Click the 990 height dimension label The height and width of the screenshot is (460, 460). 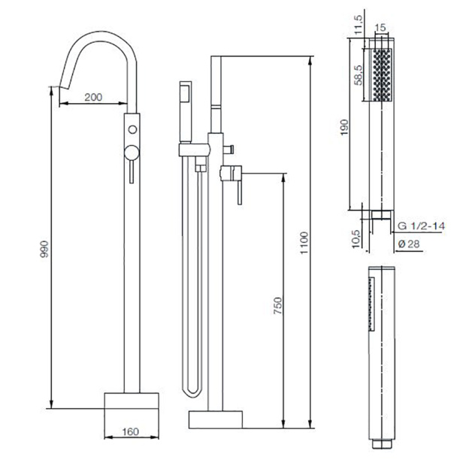44,249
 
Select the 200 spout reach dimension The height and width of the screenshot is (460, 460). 93,97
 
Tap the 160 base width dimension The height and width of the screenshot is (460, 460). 130,431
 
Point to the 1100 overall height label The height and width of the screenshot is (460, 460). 304,243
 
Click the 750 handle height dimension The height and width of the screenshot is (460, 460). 277,305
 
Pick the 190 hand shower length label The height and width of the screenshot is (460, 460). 344,127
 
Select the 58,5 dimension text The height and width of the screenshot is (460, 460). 359,75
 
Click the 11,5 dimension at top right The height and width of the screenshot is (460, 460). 359,25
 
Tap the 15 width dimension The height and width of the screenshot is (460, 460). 380,28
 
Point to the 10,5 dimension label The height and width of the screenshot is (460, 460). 356,239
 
